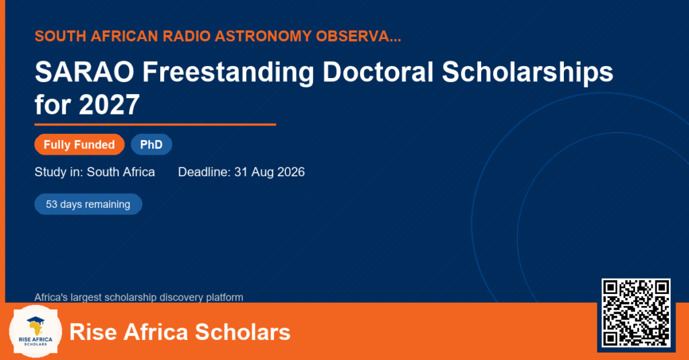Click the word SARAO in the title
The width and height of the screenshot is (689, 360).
(x=84, y=71)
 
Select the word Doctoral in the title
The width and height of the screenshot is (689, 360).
(x=378, y=71)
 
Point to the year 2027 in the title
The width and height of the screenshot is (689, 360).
(x=110, y=104)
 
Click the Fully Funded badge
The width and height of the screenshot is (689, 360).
(x=79, y=145)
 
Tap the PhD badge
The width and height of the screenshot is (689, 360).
(x=151, y=145)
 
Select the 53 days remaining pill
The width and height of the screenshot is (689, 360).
(x=88, y=205)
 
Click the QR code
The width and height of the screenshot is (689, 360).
(x=636, y=313)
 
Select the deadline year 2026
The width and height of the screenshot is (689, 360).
(x=291, y=172)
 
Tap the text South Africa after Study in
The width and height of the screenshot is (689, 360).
(x=121, y=172)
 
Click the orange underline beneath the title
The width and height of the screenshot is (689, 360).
(x=155, y=125)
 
